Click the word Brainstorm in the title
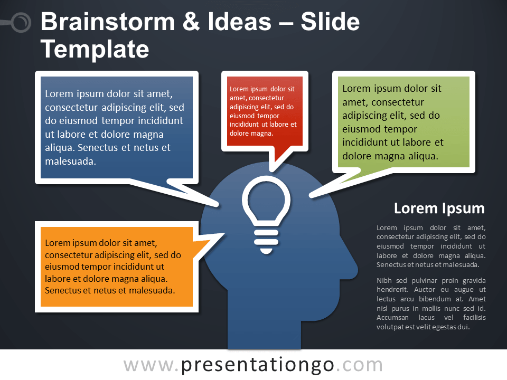click(108, 22)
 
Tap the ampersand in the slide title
click(191, 22)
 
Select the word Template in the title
click(95, 49)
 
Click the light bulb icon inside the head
click(266, 215)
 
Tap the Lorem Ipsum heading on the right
click(439, 208)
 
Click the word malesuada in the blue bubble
click(70, 161)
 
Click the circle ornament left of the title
click(21, 23)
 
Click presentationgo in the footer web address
click(257, 365)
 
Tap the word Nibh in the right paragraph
click(384, 280)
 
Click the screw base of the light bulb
click(266, 242)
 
